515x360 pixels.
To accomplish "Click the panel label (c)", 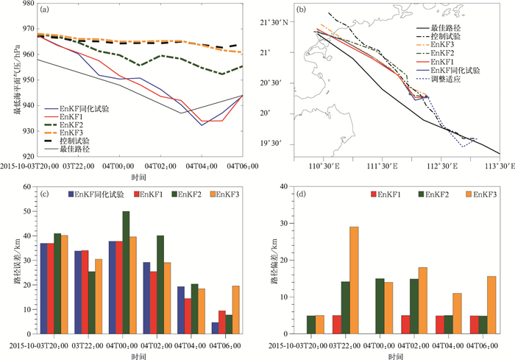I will (45, 194).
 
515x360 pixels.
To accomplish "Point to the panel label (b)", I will (301, 10).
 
